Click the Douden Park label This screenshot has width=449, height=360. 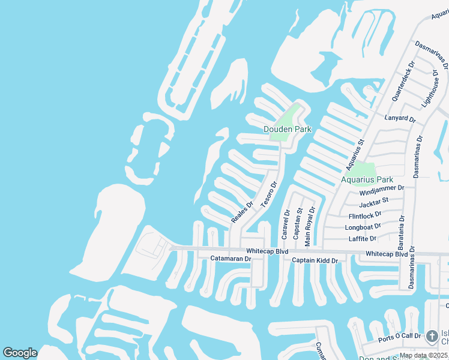point(288,129)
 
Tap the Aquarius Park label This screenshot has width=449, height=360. point(367,179)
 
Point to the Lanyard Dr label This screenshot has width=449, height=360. point(401,119)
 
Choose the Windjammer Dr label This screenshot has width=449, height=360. point(382,188)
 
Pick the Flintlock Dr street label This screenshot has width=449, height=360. point(365,215)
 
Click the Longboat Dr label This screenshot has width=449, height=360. point(363,227)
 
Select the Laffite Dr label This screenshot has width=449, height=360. point(363,239)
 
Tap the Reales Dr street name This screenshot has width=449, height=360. point(243,212)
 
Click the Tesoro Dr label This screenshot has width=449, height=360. point(268,196)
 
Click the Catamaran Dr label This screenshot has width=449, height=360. point(230,259)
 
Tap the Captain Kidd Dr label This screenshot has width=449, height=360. point(315,260)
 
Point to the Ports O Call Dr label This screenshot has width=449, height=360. point(400,339)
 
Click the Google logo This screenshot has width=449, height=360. point(20,353)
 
